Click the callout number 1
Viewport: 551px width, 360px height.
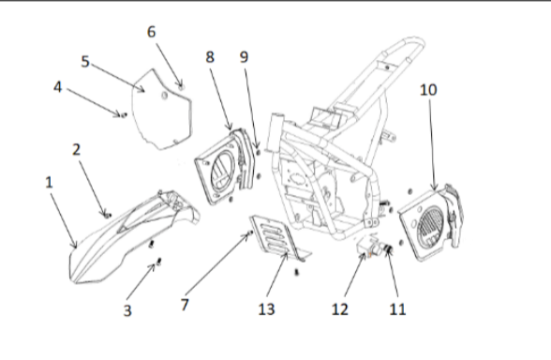tap(50, 183)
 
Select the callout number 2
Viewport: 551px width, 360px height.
tap(77, 150)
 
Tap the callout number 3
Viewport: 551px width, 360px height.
tap(129, 311)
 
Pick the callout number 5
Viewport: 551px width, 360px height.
tap(85, 63)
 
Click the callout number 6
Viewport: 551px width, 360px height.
tap(151, 31)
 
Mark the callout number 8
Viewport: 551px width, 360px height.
tap(211, 58)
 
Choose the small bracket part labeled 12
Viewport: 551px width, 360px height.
tap(368, 253)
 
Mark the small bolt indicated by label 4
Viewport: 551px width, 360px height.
tap(122, 114)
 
